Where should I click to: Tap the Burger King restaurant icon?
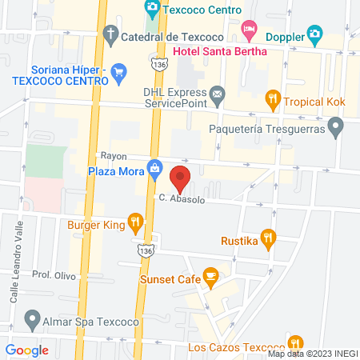coord(136,223)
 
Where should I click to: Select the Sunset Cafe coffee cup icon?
coord(211,278)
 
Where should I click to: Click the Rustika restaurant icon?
coord(269,238)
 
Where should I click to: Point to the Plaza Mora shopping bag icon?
coord(154,170)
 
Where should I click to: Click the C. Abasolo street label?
coord(182,198)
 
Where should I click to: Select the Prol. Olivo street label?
coord(53,274)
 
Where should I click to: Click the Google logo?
coord(26,350)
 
